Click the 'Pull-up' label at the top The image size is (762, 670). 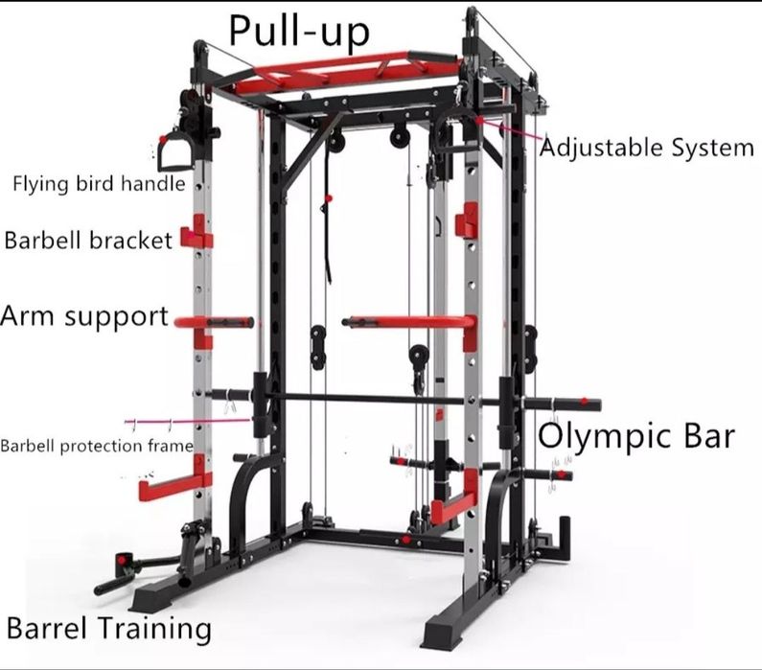299,32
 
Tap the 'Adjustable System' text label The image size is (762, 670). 647,148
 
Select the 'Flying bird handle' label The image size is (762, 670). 99,184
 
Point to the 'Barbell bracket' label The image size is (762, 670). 88,240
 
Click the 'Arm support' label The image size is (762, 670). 84,316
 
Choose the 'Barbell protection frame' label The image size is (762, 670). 97,446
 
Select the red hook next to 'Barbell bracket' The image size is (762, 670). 196,233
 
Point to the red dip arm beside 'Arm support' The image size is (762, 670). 214,322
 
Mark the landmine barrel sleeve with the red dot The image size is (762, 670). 123,560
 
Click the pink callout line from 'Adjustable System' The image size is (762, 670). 510,129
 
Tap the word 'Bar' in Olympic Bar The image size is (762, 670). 709,435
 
